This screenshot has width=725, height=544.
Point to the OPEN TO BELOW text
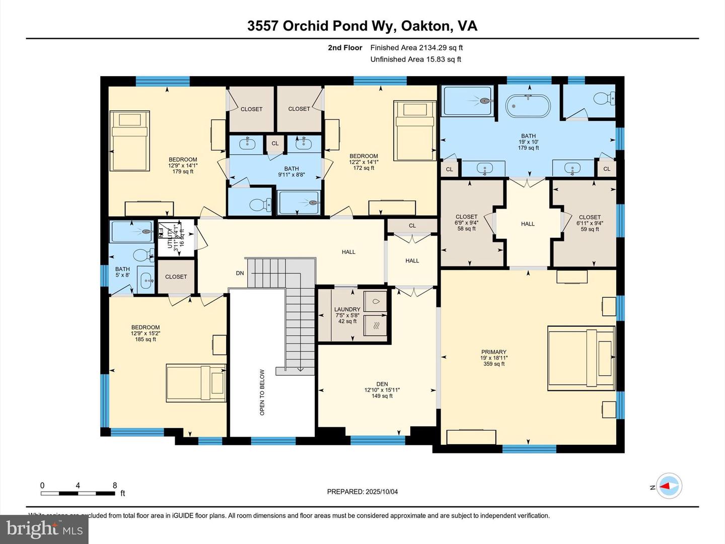(262, 392)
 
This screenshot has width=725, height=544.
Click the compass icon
(669, 487)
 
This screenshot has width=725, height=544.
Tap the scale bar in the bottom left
(78, 493)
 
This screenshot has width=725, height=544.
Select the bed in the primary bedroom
(582, 358)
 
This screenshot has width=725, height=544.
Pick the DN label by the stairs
(240, 273)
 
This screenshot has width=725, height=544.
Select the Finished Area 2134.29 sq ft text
(416, 48)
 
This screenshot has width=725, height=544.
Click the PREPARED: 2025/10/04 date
(362, 492)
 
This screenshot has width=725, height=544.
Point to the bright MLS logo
(44, 529)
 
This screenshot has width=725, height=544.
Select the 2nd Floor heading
(345, 48)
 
